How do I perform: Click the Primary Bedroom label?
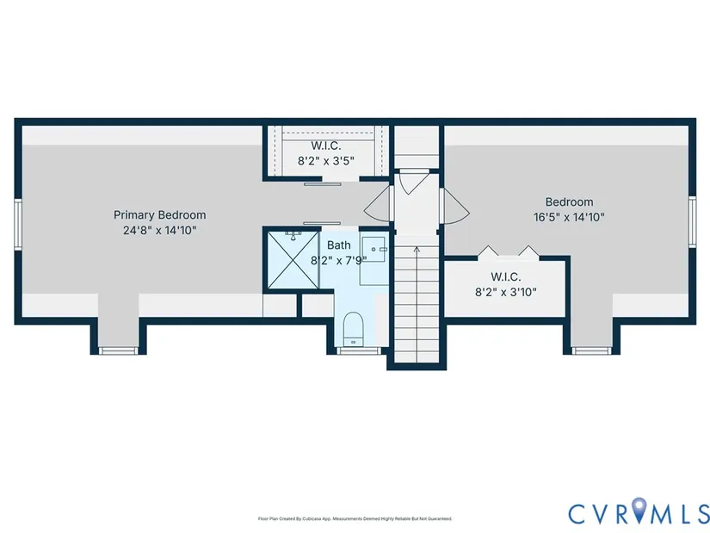(159, 214)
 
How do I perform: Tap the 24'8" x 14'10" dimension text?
(159, 230)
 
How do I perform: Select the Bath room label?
(339, 245)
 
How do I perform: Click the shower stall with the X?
(293, 260)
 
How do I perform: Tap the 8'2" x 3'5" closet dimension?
(326, 161)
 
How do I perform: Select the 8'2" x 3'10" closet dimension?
(506, 293)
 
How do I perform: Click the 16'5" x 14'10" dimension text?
(569, 218)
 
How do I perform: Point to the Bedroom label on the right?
(569, 202)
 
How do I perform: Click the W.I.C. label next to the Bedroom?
(506, 277)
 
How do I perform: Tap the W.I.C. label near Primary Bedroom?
(326, 146)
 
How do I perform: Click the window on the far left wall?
(18, 225)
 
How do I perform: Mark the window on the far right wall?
(692, 222)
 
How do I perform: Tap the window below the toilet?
(359, 350)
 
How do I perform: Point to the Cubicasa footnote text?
(355, 518)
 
